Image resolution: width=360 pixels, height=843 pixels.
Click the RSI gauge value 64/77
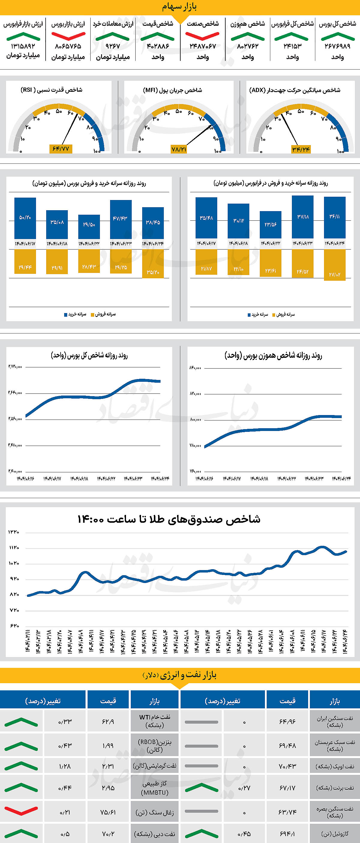[61, 149]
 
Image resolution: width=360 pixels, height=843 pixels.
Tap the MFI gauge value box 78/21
[179, 149]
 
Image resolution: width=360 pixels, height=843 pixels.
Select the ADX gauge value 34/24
[301, 150]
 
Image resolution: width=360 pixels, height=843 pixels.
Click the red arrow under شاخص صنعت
[202, 36]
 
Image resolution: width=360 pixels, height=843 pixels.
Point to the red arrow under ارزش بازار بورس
[68, 36]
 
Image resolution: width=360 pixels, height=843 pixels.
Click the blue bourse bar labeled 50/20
[25, 218]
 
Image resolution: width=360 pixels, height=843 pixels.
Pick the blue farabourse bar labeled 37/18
[303, 217]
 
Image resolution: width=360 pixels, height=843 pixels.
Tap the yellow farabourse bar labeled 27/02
[334, 265]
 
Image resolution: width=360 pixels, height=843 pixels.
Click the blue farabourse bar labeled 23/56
[270, 225]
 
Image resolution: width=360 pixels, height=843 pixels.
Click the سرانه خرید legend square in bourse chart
[66, 315]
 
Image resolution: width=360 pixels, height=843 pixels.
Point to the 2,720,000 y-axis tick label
[15, 366]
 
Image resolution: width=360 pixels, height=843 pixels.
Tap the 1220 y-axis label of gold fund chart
[14, 532]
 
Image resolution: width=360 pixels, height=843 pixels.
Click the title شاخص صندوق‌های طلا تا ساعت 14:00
[169, 519]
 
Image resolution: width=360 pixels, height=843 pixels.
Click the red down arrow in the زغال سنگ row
[21, 810]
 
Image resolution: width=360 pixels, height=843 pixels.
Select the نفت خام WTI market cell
[155, 721]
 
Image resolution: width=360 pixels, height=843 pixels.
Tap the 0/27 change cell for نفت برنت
[244, 788]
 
